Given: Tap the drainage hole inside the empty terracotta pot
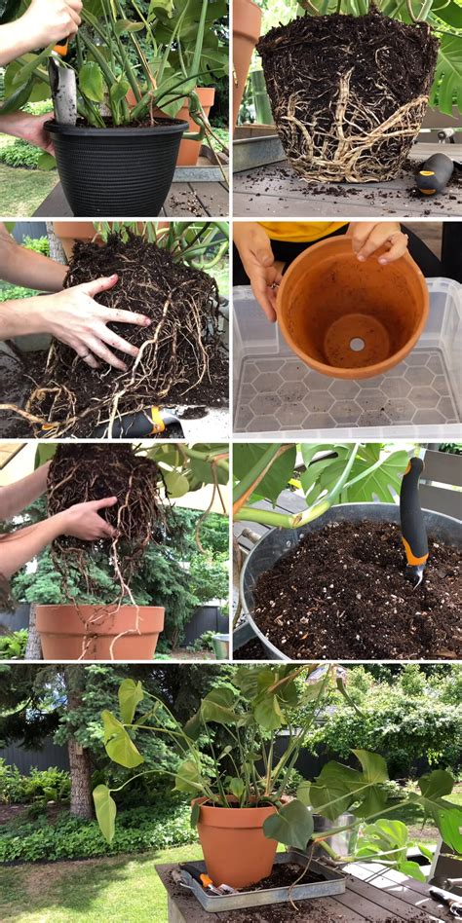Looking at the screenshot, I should pos(357,344).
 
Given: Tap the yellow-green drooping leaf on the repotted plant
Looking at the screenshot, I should pos(119,740).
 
